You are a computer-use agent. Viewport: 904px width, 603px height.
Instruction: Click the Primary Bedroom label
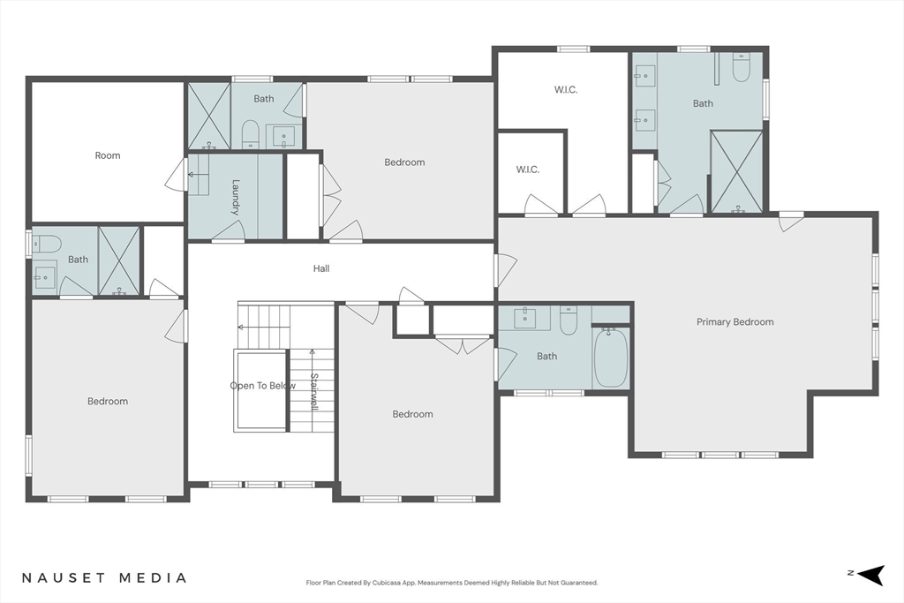735,321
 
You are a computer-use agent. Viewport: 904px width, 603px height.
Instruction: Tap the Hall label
321,268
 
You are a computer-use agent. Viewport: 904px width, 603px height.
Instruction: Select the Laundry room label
235,197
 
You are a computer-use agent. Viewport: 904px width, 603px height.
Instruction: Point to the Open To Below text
263,386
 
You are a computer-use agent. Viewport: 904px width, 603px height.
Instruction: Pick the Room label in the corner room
108,155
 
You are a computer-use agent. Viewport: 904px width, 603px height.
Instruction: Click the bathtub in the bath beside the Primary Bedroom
611,358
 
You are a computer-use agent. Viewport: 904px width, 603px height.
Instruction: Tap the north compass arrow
871,574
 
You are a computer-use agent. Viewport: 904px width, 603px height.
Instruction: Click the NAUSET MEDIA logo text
104,577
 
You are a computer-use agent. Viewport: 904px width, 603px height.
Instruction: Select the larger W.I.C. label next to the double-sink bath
566,89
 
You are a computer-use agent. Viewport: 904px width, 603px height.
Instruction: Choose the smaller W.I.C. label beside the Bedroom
528,170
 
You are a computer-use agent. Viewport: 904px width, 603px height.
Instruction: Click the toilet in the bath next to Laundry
250,133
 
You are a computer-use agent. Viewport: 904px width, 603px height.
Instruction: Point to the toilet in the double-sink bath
741,67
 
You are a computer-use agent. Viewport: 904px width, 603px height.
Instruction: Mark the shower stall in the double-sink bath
737,172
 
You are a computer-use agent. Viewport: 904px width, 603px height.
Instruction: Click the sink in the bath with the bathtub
525,316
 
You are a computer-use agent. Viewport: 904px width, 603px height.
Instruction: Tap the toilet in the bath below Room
46,244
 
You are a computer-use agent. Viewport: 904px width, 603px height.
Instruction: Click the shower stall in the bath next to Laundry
208,116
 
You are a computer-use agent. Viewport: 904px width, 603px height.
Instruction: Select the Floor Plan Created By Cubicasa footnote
452,583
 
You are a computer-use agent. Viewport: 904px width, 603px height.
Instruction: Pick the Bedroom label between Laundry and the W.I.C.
404,162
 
